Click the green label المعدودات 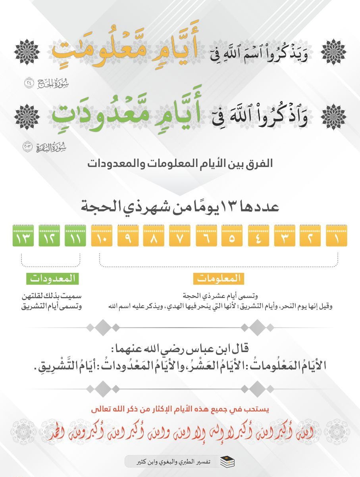coord(53,279)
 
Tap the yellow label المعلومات coord(219,279)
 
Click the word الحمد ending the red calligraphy coord(56,432)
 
